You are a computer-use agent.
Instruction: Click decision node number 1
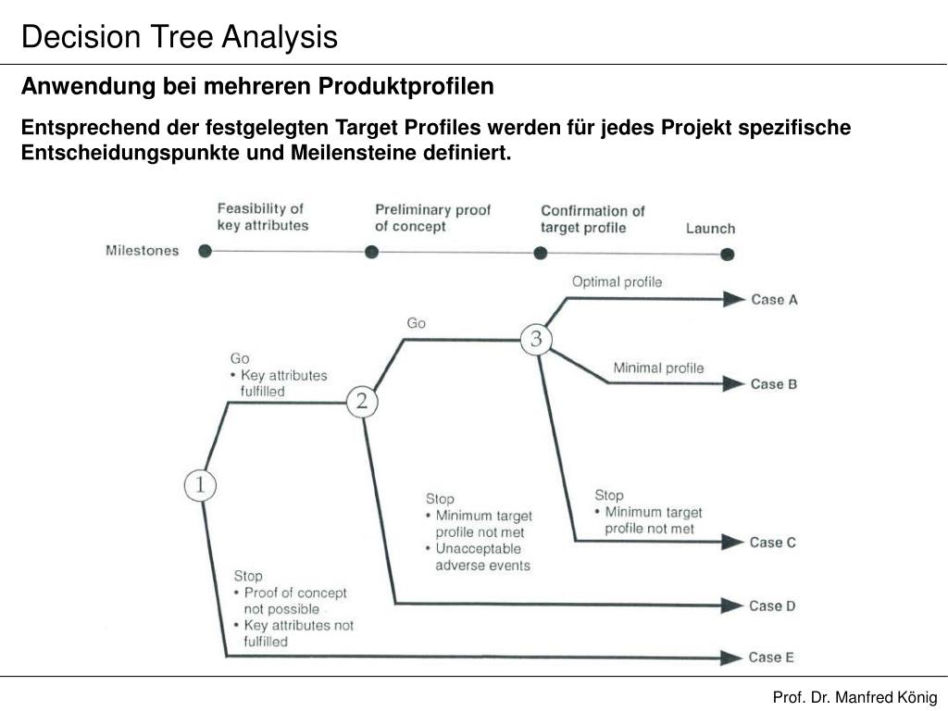(199, 485)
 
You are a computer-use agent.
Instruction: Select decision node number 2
(362, 402)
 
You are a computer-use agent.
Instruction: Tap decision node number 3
(536, 339)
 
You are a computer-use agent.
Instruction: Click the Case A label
(774, 299)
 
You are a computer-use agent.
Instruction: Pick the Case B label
(774, 383)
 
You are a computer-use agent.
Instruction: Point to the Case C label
(773, 543)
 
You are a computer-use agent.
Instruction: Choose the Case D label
(772, 605)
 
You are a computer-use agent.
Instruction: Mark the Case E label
(771, 657)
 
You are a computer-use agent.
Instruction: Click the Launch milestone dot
(728, 254)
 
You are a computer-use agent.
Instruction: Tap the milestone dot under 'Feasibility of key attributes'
(206, 250)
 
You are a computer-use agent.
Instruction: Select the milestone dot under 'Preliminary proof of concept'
(371, 251)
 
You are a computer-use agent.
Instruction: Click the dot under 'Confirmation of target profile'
(540, 252)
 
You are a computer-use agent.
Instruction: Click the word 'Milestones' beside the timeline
(143, 250)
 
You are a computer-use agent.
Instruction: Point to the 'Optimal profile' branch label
(617, 281)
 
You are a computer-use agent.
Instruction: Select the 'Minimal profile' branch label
(658, 368)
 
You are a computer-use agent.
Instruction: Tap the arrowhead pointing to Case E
(734, 657)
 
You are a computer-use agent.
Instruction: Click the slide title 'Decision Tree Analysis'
(180, 37)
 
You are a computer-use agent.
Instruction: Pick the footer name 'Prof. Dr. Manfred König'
(854, 697)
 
